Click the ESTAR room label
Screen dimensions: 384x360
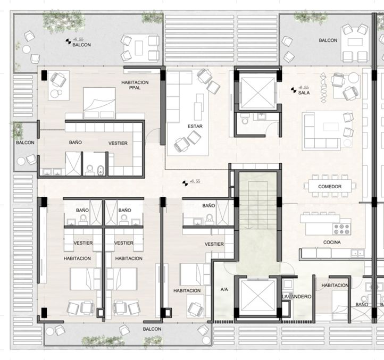195,127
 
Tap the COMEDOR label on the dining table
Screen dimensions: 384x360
330,187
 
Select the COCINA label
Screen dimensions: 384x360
332,242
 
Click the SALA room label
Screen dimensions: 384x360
304,93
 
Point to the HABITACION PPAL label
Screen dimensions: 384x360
135,85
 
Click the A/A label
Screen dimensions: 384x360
224,289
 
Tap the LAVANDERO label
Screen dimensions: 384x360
297,297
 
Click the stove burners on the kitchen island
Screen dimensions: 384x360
341,229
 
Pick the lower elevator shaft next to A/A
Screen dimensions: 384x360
257,298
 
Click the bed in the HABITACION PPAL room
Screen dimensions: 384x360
99,103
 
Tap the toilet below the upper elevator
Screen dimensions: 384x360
244,120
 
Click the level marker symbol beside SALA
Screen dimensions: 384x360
294,90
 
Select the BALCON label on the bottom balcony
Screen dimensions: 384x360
152,329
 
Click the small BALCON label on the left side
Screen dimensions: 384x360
25,143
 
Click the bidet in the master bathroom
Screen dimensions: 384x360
100,170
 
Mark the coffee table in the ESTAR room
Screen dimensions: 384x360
198,107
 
